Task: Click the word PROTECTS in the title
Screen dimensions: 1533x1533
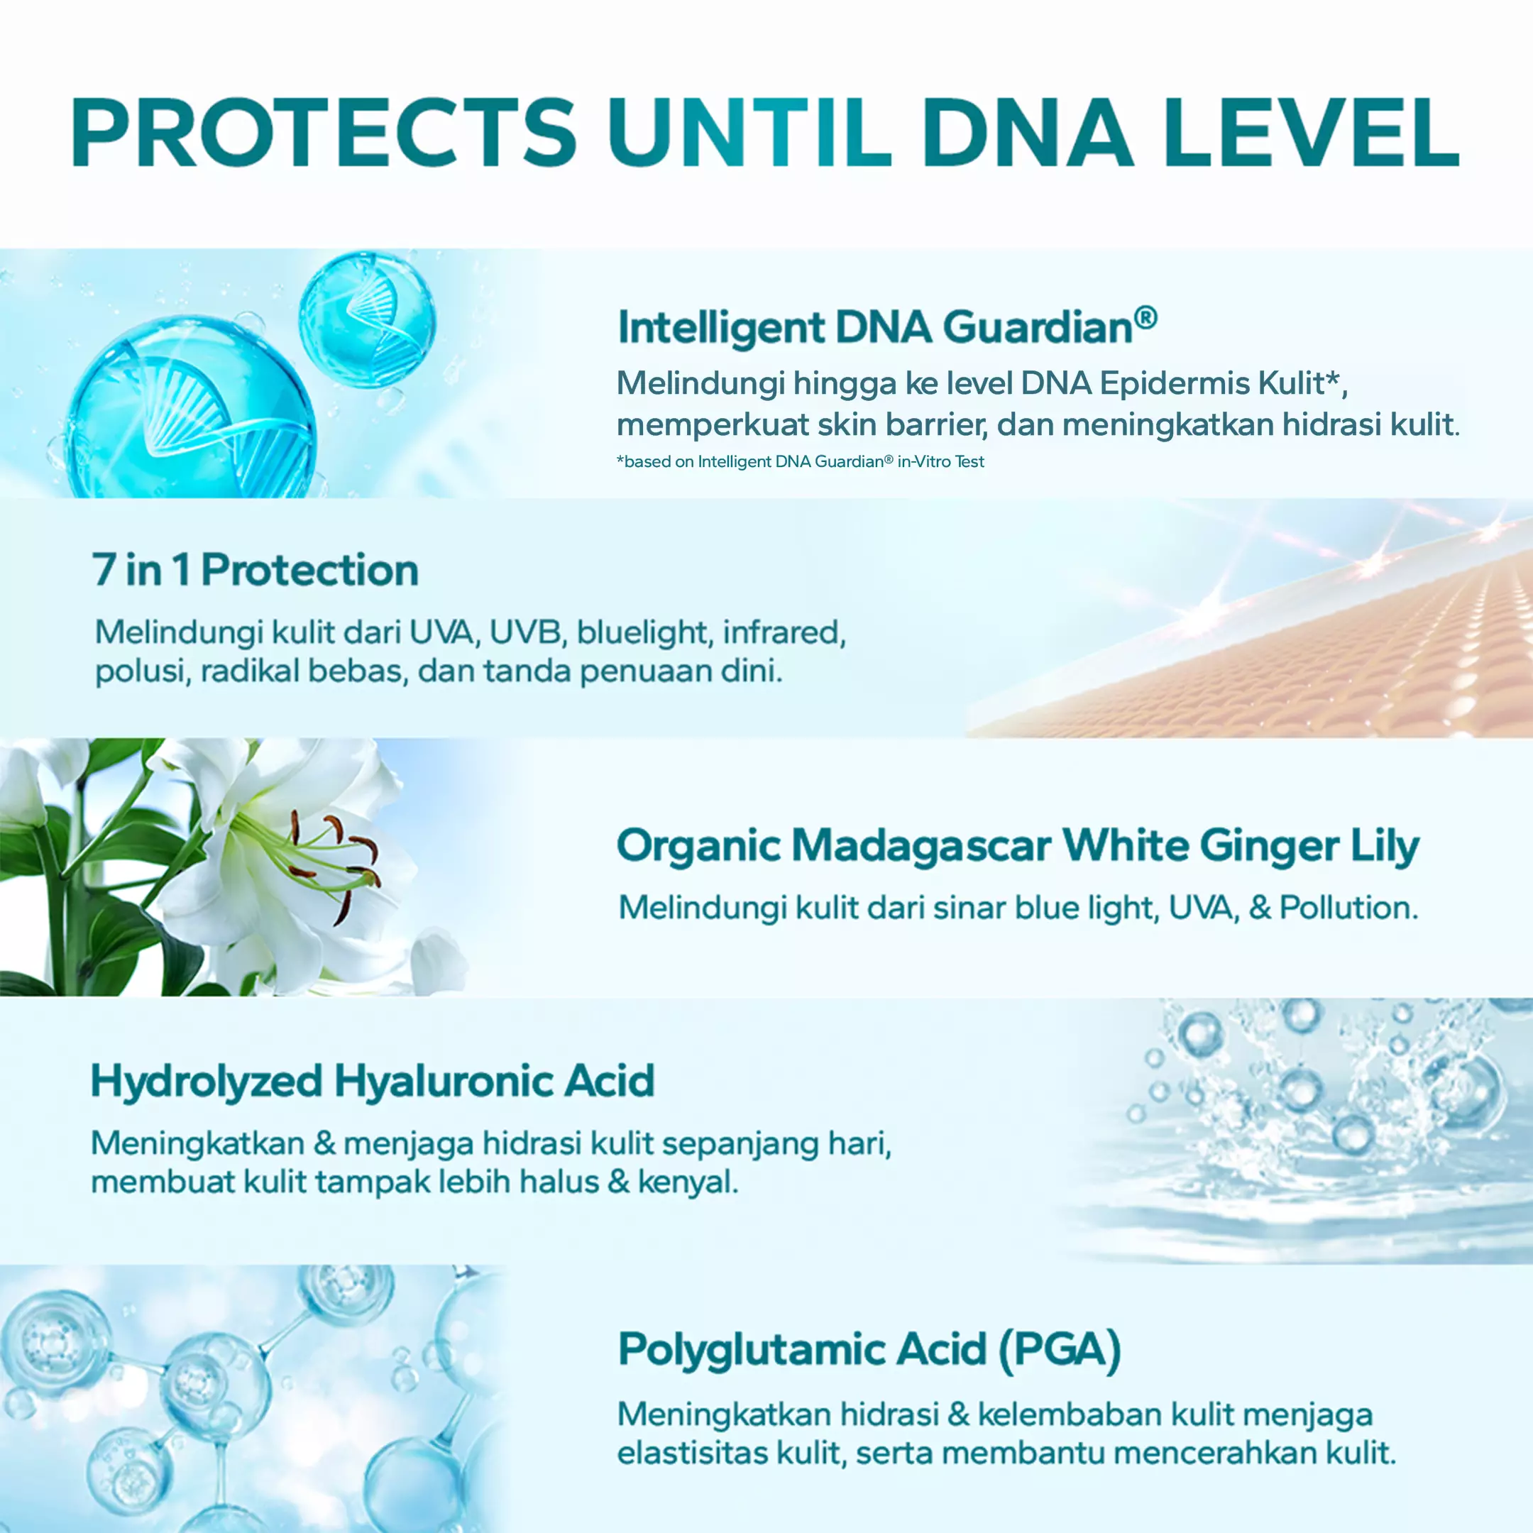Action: pos(324,133)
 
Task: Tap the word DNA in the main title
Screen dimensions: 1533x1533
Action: pos(1028,133)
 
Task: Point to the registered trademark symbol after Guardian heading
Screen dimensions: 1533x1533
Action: pos(1145,318)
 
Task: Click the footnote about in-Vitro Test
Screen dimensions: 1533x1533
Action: pos(801,462)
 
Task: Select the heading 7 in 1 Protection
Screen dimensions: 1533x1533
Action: pos(255,571)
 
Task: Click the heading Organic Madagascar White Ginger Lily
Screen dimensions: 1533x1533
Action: pos(1018,847)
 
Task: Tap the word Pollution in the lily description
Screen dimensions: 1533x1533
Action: pos(1349,908)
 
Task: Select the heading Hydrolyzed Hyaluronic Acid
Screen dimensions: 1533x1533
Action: pos(373,1082)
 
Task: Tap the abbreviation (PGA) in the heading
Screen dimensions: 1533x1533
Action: pos(1060,1350)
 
